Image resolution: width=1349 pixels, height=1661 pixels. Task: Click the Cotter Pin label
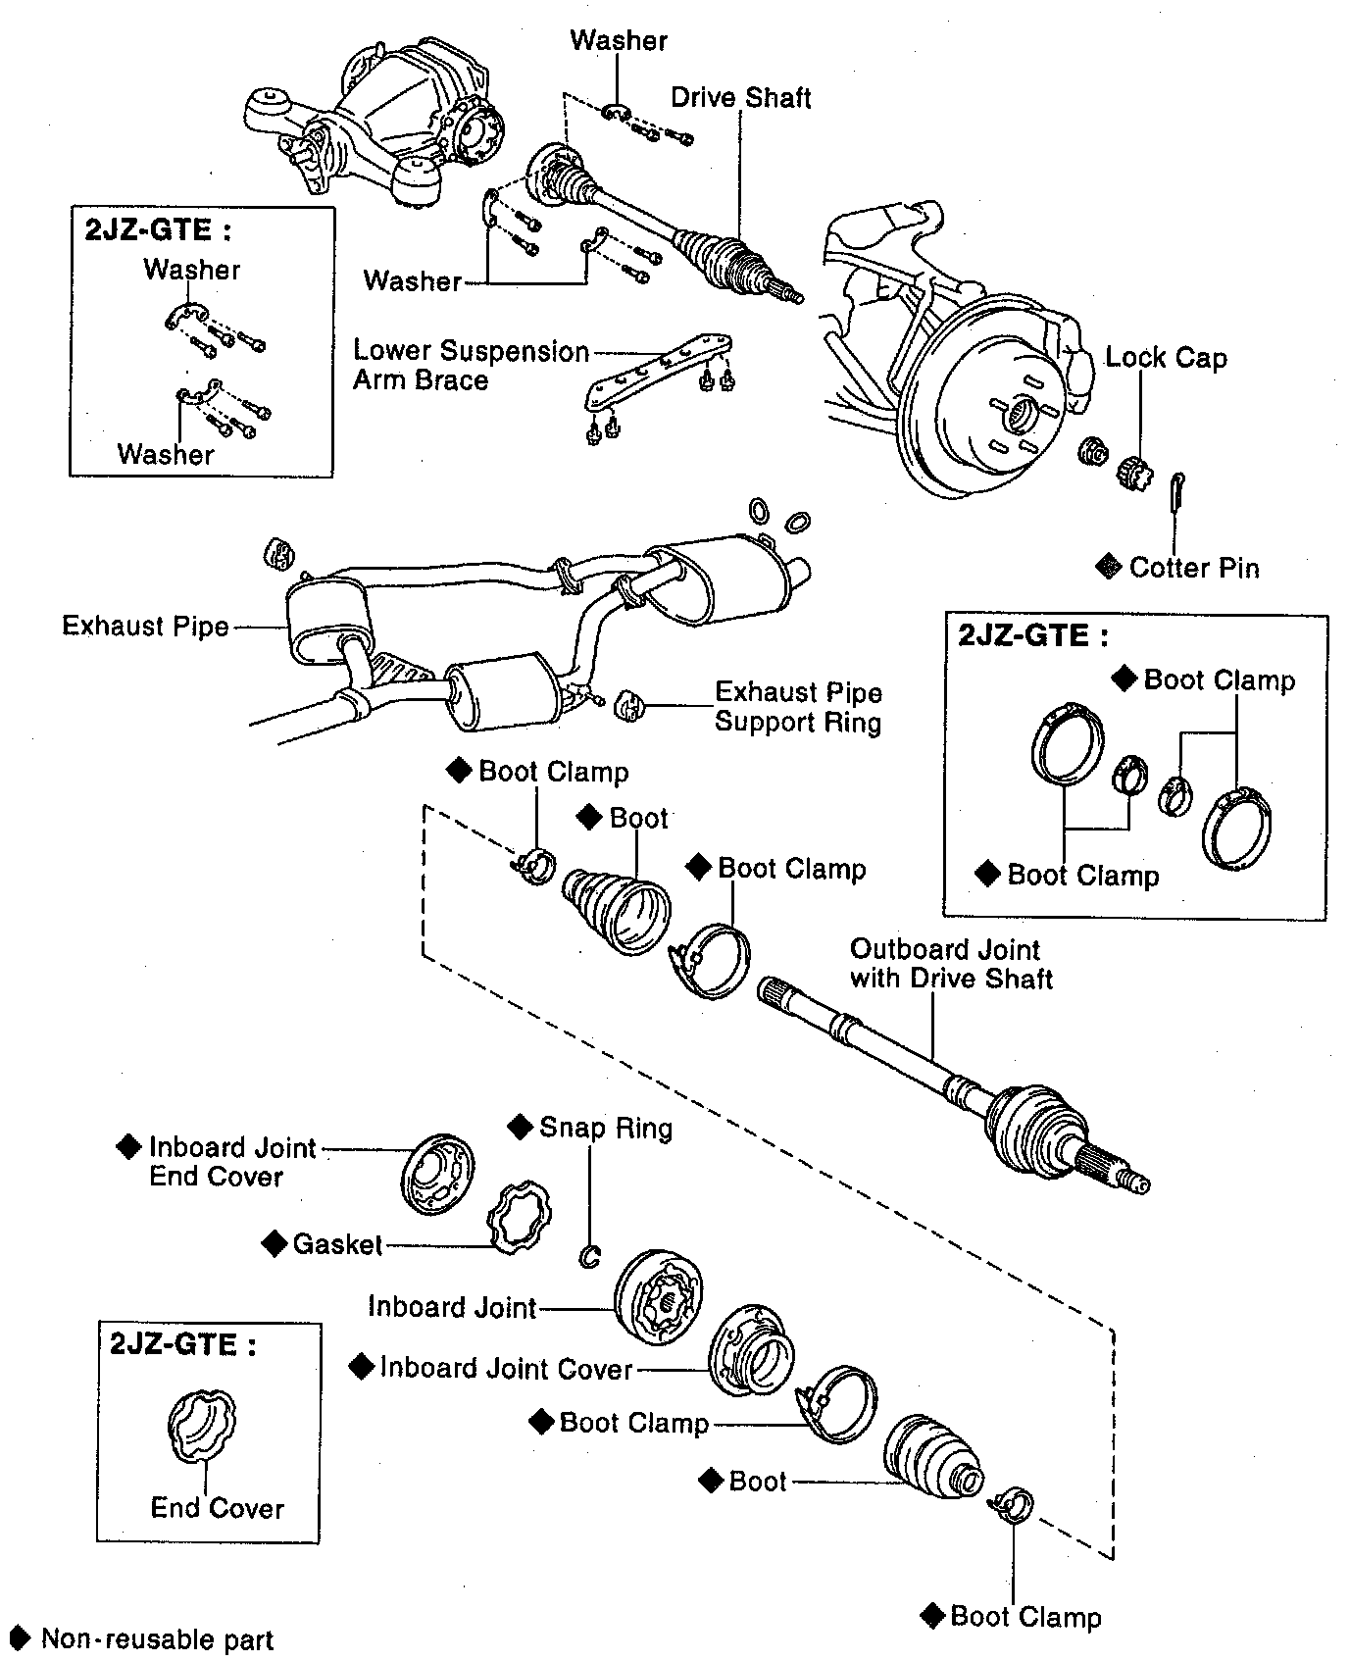tap(1194, 568)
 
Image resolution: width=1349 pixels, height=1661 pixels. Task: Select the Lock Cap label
tap(1166, 358)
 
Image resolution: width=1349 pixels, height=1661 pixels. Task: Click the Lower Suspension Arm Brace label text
tap(471, 365)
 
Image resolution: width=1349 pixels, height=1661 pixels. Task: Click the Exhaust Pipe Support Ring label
tap(798, 707)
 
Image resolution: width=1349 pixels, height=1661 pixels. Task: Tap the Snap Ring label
tap(606, 1128)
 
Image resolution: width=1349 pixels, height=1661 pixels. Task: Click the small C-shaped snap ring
tap(589, 1255)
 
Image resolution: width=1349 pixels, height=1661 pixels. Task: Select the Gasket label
tap(337, 1244)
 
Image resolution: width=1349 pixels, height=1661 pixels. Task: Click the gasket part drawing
tap(519, 1217)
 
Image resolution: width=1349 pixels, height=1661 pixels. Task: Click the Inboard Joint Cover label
tap(506, 1368)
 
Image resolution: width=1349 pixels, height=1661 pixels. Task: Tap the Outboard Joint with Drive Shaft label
tap(951, 964)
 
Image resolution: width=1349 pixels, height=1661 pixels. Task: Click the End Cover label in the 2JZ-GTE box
tap(217, 1508)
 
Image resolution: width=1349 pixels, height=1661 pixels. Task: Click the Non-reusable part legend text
tap(157, 1639)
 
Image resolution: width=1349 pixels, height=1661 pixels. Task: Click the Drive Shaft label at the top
tap(741, 97)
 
